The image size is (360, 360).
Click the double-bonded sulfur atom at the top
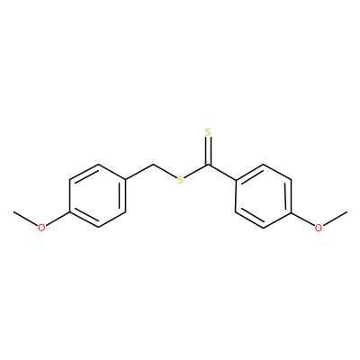coord(208,132)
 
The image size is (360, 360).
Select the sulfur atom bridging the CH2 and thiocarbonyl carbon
coord(180,180)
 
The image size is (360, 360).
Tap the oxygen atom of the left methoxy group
coord(41,228)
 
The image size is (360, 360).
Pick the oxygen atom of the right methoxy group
coord(319,228)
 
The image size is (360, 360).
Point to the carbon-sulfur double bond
coord(208,151)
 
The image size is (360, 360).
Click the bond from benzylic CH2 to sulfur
coord(165,171)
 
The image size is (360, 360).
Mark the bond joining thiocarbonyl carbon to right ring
coord(221,173)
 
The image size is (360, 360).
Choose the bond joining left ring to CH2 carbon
coord(139,173)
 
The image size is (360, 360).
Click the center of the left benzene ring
coord(97,196)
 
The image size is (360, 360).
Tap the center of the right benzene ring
coord(264,196)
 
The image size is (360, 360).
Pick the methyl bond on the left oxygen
coord(26,219)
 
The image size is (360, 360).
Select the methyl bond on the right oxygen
coord(335,219)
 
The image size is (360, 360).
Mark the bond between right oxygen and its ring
coord(303,219)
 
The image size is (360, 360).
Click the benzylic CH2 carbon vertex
coord(154,165)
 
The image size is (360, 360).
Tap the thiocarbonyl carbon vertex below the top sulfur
coord(208,165)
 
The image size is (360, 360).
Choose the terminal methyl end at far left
coord(13,211)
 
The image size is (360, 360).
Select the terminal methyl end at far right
coord(347,211)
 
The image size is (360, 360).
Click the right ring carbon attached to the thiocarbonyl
coord(236,180)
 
